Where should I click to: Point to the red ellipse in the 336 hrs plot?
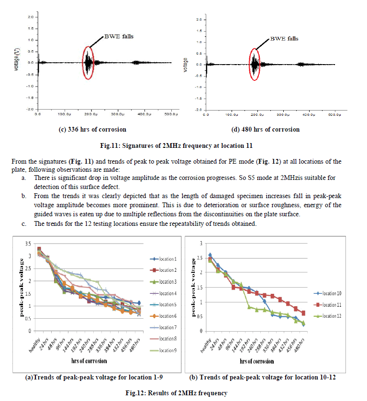click(88, 63)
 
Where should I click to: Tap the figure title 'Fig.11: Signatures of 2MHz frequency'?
click(183, 144)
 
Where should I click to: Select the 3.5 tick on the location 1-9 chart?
click(27, 244)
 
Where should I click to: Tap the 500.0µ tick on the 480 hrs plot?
click(334, 115)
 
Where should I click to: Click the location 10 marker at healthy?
click(210, 255)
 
